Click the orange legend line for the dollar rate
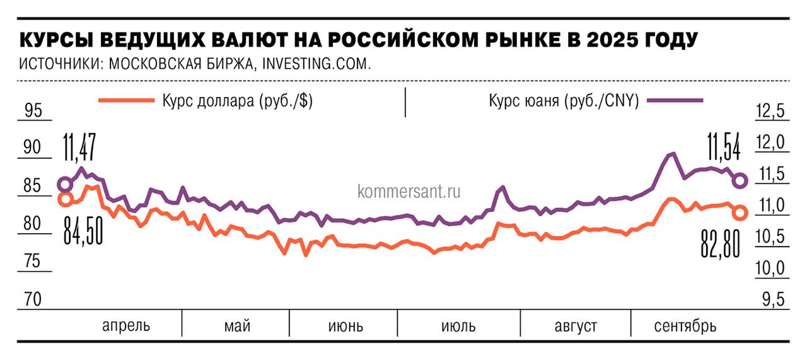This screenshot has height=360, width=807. pos(126,100)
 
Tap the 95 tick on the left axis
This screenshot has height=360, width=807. pos(32,111)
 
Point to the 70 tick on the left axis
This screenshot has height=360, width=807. pos(32,299)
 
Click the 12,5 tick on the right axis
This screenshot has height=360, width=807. pos(769,112)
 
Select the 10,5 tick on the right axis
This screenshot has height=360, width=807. pos(769,238)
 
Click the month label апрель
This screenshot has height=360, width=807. pos(127,326)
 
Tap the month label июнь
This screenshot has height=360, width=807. pos(345,326)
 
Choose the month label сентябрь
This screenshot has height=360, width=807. pos(685,326)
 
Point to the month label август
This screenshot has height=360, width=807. pos(576,326)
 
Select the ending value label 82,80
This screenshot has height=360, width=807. pos(720,244)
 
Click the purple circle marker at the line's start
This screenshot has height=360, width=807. pos(65,184)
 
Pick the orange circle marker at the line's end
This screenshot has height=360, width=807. pos(740,213)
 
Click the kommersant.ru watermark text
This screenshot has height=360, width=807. pos(409,190)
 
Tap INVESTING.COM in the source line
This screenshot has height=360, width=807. pos(315,64)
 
